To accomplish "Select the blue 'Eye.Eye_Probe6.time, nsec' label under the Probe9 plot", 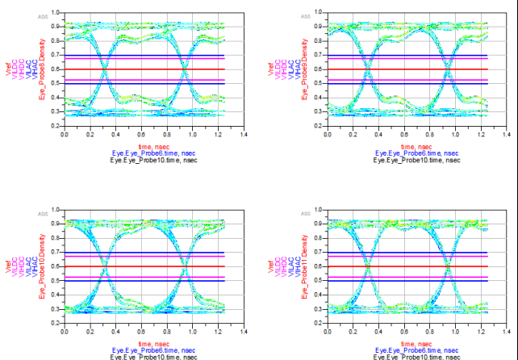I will coord(416,151).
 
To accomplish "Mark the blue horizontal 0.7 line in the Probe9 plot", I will coord(416,55).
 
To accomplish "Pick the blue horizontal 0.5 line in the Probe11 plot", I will coord(416,281).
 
